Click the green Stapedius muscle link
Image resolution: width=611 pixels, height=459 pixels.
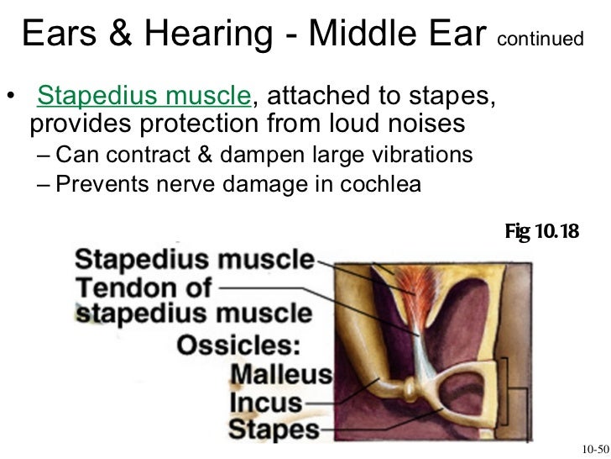[x=144, y=98]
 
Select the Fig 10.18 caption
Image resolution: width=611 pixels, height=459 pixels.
[x=542, y=230]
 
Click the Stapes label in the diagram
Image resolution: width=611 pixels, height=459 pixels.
[x=274, y=431]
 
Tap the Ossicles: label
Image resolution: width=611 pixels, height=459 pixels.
[x=241, y=344]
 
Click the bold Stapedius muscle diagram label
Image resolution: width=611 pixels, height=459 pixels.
[x=195, y=260]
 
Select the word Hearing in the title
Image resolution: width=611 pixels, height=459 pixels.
[x=209, y=34]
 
